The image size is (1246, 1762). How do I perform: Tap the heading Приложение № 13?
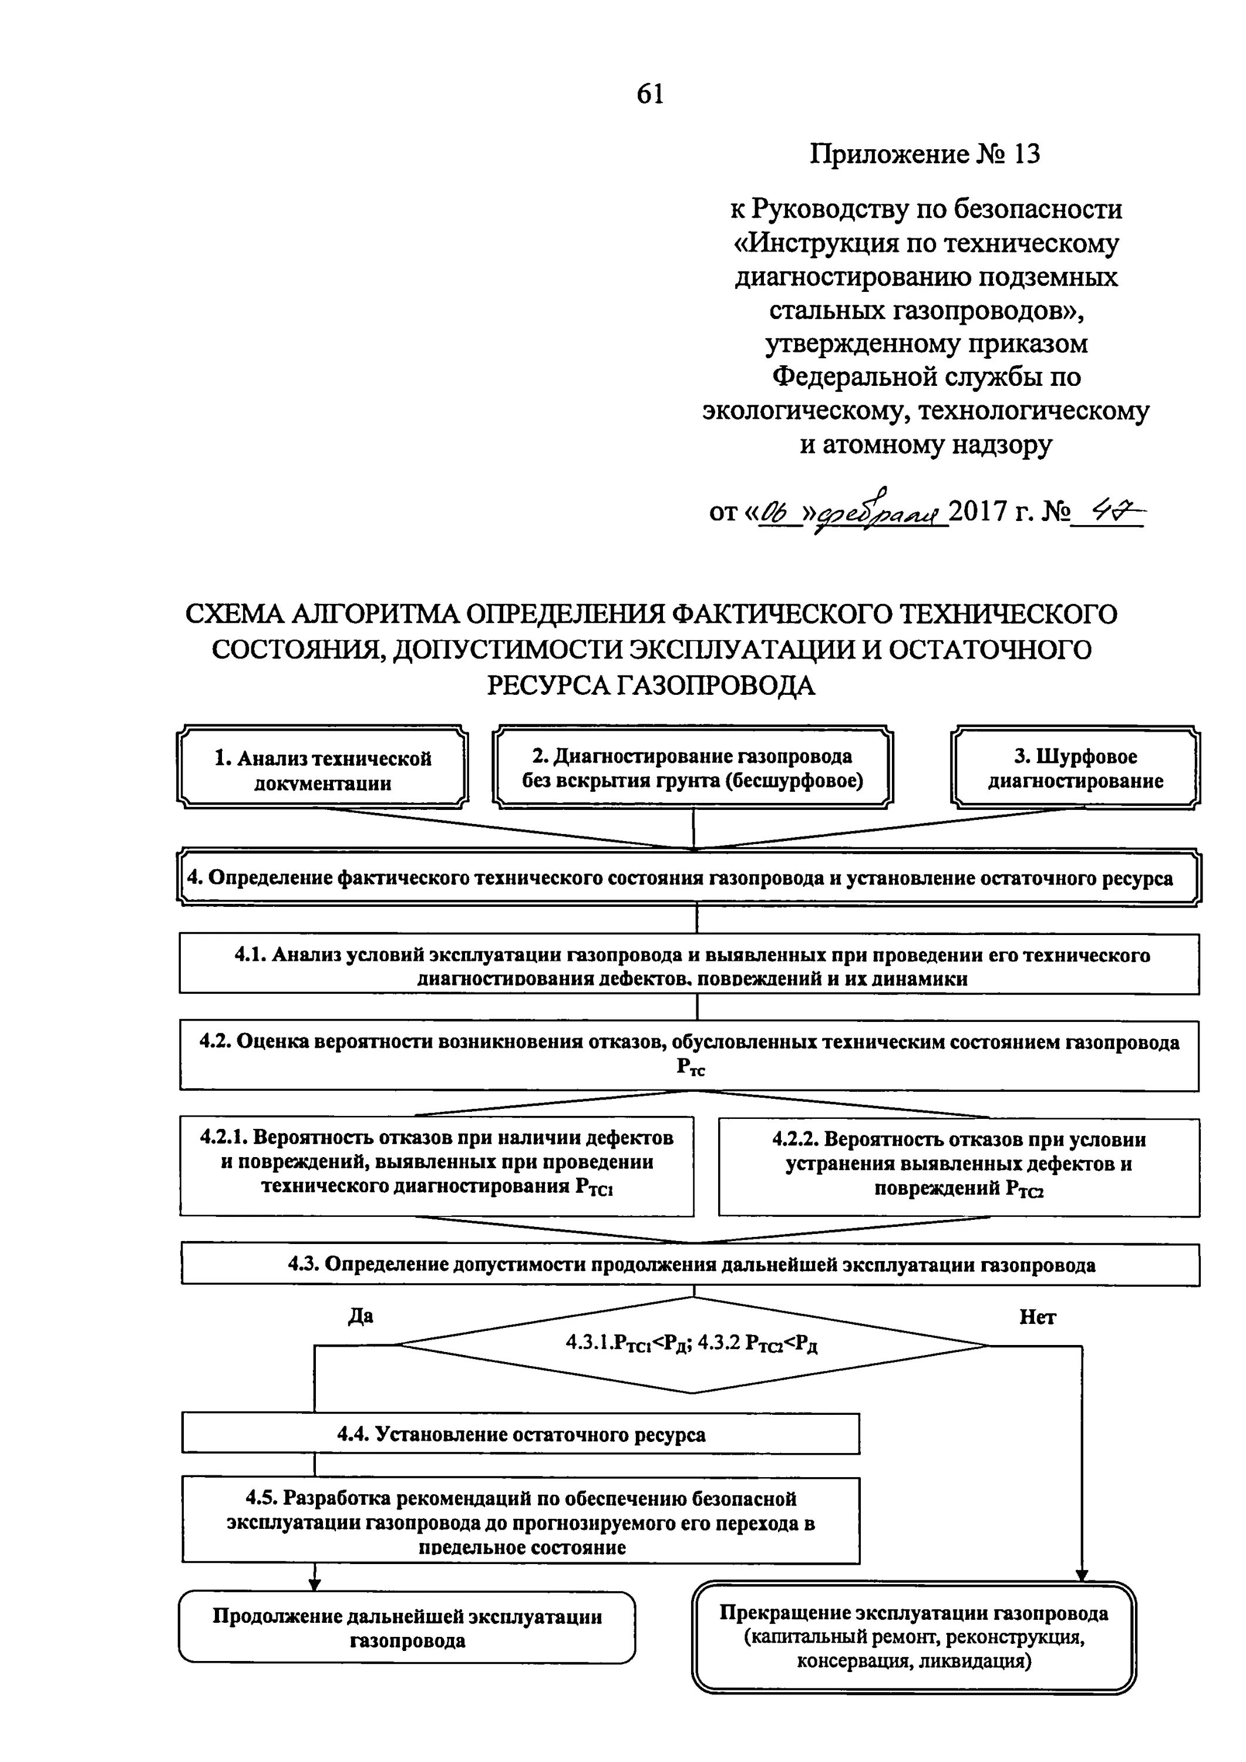coord(925,154)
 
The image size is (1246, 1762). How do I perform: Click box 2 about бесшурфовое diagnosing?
coord(693,768)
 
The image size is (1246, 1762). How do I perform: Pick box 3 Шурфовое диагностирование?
coord(1075,768)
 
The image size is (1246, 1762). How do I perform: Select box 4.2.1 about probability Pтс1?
coord(436,1164)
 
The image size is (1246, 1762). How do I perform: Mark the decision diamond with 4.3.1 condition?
coord(692,1343)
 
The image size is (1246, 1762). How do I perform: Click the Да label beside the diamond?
coord(361,1316)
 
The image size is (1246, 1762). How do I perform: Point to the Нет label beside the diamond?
coord(1038,1317)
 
